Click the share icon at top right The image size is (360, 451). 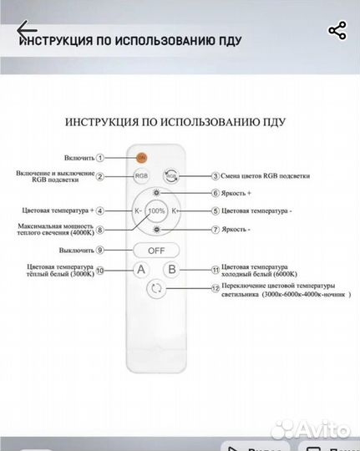(x=337, y=32)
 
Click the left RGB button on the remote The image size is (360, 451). (x=140, y=176)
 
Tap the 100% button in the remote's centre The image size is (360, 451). (x=156, y=211)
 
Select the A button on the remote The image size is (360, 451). (x=140, y=270)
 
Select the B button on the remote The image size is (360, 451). (x=171, y=270)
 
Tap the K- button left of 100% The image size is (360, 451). (x=137, y=212)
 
